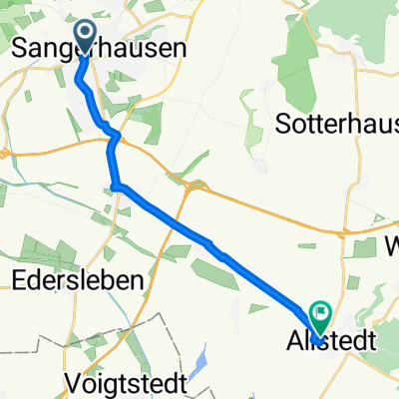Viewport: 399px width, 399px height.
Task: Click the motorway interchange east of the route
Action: pos(195,186)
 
